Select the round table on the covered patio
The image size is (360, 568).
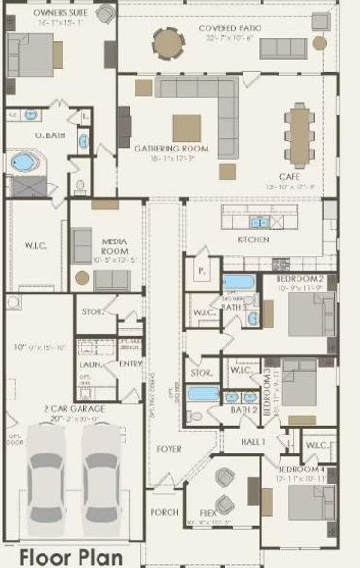170,42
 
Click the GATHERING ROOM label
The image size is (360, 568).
170,150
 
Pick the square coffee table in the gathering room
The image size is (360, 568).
187,127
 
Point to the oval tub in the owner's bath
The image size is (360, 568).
24,162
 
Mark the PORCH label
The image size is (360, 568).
164,512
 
